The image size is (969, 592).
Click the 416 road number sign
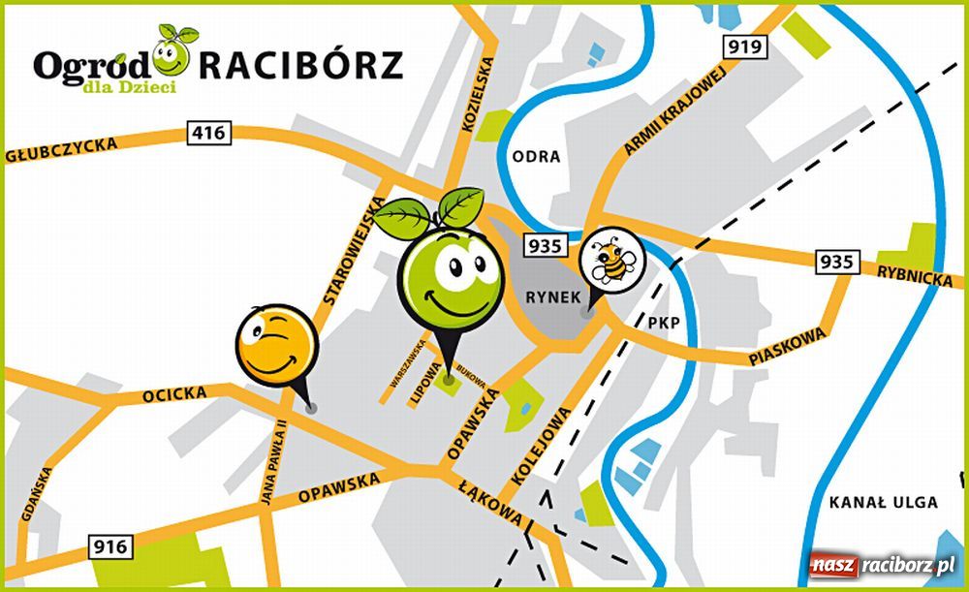209,134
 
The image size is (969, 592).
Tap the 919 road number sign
745,47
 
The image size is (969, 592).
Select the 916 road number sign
111,547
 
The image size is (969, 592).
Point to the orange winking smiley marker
275,345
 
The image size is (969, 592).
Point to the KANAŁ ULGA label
884,502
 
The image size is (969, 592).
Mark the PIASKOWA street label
787,346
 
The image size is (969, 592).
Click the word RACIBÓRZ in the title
301,65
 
